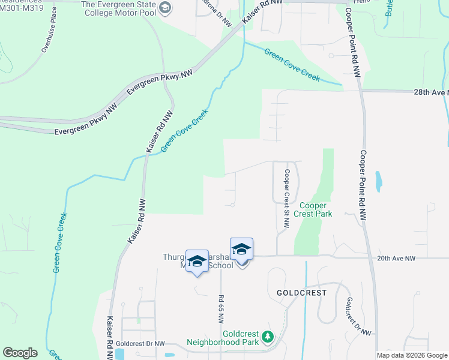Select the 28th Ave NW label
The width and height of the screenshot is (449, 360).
430,92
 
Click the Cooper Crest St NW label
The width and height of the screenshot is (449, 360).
287,197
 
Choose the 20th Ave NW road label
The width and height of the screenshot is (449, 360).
396,258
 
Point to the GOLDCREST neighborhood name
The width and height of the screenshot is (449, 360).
301,293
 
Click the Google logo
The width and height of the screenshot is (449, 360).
20,353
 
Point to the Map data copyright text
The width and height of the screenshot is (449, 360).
412,355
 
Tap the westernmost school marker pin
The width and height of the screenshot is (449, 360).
197,262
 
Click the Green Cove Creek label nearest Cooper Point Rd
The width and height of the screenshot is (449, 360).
291,66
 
